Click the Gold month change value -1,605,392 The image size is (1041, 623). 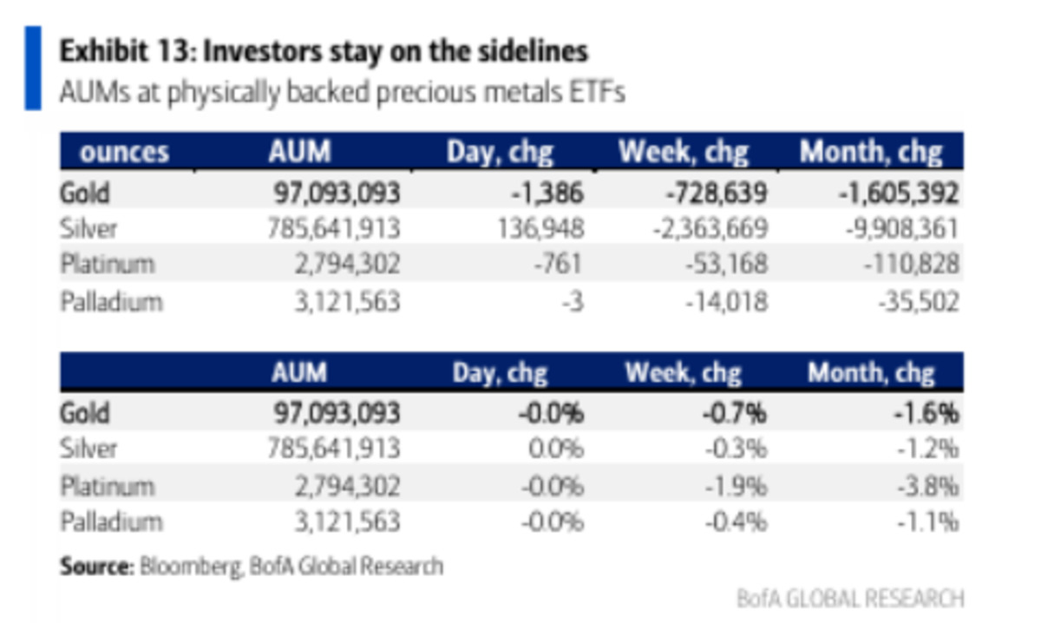point(899,193)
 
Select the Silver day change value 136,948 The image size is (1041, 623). point(540,229)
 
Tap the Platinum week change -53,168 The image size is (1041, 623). point(727,264)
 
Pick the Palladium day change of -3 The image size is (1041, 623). point(573,302)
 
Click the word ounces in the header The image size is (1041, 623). point(124,152)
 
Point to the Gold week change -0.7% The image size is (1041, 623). point(735,413)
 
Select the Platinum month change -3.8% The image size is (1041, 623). point(928,487)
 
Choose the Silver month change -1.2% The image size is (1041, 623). point(928,449)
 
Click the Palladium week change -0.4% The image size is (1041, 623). point(737,522)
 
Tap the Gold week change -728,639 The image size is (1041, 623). point(717,193)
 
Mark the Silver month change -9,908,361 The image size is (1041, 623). point(902,229)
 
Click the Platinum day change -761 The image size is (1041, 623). point(558,264)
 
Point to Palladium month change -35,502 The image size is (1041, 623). point(919,302)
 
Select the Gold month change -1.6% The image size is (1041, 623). point(927,413)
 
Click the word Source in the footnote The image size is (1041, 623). point(97,567)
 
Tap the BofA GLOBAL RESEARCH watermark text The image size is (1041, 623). point(850,599)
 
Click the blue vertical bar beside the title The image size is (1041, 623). point(33,69)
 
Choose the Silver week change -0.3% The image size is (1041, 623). point(737,449)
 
